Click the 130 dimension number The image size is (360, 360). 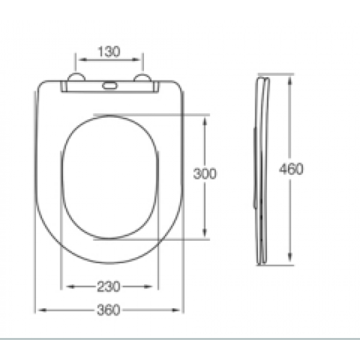(109, 52)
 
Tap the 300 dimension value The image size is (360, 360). (205, 173)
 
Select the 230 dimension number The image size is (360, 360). (109, 287)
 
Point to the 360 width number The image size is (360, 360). (109, 310)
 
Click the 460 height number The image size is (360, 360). (291, 169)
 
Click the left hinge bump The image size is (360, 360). (77, 77)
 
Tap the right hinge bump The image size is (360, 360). (143, 77)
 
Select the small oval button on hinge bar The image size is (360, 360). (110, 86)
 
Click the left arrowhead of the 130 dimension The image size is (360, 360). (83, 60)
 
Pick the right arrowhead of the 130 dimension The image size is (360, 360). (136, 60)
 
